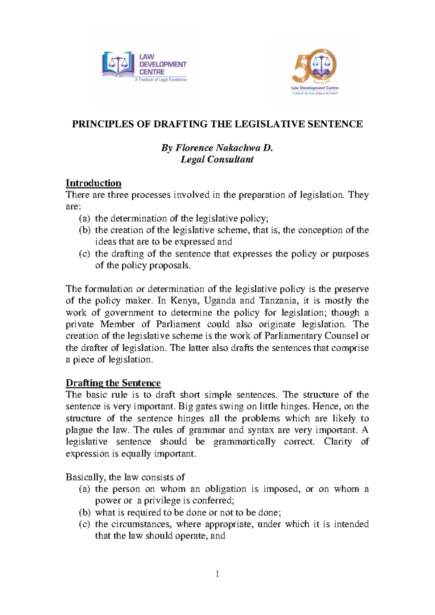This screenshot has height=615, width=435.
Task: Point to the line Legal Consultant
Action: tap(217, 160)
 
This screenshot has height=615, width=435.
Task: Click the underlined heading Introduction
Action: tap(93, 183)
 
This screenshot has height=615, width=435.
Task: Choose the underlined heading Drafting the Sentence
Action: tap(113, 383)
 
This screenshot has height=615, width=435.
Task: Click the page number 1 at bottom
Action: tap(217, 574)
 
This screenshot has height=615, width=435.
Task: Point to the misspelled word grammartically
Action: tap(244, 442)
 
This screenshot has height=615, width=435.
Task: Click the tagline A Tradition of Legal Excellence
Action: tap(161, 80)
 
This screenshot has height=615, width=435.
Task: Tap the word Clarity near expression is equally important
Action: tap(338, 442)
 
